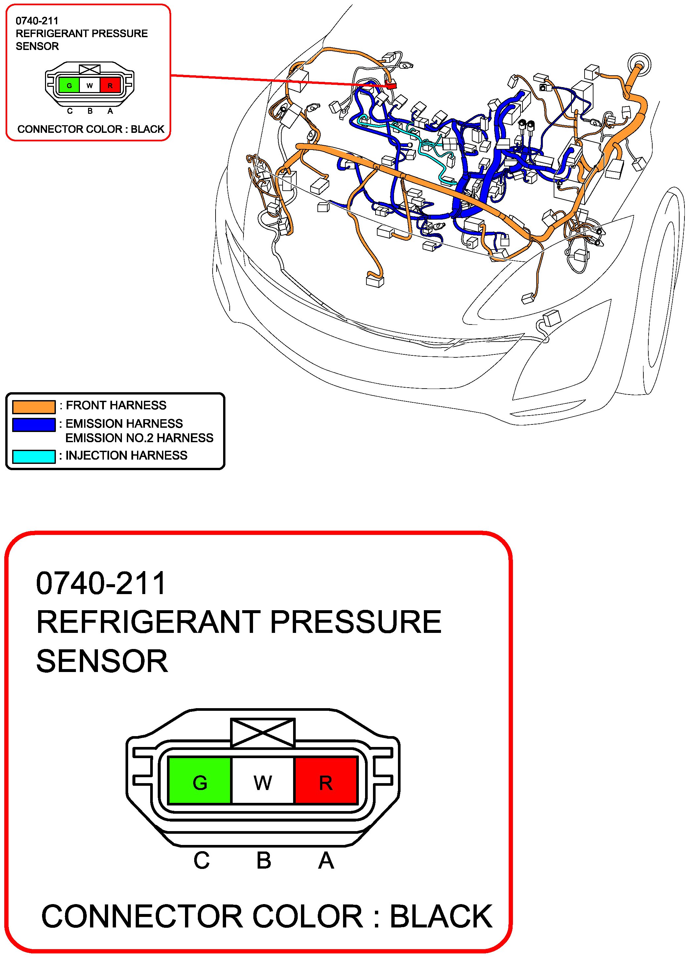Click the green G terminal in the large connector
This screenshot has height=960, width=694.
[x=200, y=780]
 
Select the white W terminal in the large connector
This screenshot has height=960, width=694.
[x=263, y=780]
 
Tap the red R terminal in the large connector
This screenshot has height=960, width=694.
[x=326, y=780]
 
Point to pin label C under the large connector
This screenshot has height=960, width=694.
[x=201, y=860]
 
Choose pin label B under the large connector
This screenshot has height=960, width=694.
[x=264, y=860]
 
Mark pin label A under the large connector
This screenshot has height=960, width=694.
[x=326, y=860]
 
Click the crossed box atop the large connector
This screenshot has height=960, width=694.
[x=263, y=732]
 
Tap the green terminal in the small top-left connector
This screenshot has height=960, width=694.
[x=69, y=85]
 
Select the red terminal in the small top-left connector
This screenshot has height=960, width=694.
[x=110, y=85]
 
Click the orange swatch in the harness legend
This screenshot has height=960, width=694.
[x=34, y=406]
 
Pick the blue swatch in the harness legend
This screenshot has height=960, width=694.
[x=34, y=424]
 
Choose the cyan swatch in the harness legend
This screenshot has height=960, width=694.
[x=34, y=456]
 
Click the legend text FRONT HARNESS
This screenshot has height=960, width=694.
[x=116, y=405]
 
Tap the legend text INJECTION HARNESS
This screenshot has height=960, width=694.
[x=126, y=455]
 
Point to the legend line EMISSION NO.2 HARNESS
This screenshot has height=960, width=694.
[x=139, y=438]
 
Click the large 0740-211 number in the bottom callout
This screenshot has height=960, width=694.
[x=101, y=583]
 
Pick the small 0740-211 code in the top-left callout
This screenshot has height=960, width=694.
[x=37, y=21]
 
